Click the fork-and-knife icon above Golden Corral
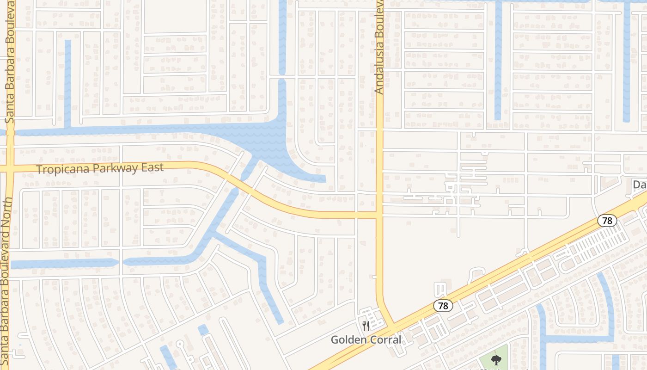[x=366, y=326]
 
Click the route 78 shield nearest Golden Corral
[x=443, y=306]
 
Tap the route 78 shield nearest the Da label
[x=607, y=221]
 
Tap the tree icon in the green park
[x=496, y=359]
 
